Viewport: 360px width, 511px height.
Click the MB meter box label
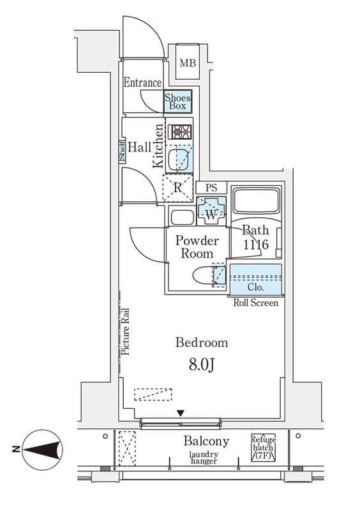[188, 63]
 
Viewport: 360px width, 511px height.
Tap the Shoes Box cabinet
[177, 102]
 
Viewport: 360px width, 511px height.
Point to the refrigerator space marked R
[177, 188]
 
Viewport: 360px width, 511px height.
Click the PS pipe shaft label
[211, 188]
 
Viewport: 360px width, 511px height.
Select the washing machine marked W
[211, 211]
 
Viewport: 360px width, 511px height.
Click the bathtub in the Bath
[256, 201]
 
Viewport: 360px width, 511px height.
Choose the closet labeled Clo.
[256, 279]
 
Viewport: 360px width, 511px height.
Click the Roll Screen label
[256, 303]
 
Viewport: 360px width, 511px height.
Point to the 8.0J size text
[202, 365]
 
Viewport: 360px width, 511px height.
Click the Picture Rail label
[126, 332]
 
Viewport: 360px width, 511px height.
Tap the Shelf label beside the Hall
[122, 151]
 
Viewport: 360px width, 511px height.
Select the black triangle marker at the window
[181, 413]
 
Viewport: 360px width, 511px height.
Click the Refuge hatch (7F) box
[263, 448]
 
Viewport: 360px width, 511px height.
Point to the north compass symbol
[41, 450]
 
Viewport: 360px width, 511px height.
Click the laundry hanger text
[204, 457]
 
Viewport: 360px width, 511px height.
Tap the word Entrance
[143, 82]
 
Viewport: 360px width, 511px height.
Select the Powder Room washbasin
[182, 217]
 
